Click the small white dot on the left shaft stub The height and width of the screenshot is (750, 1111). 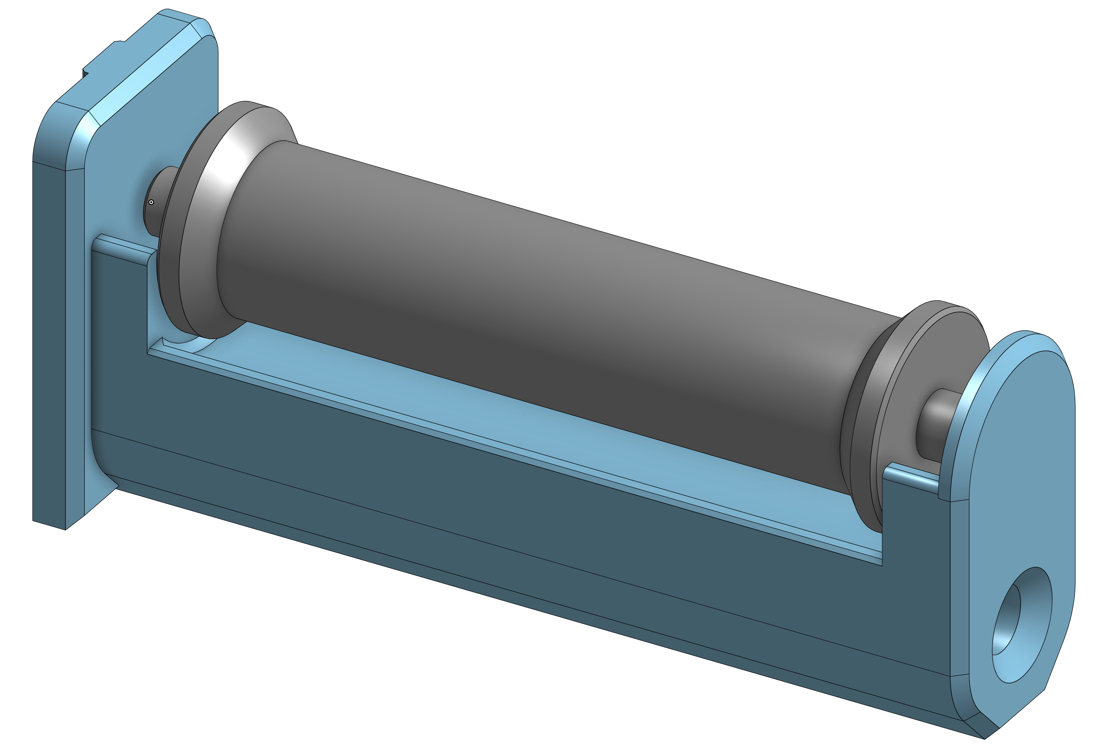(151, 202)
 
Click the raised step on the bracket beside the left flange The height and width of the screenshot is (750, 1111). (124, 244)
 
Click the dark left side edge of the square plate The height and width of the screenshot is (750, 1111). (48, 334)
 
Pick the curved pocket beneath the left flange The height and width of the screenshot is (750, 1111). (191, 345)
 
